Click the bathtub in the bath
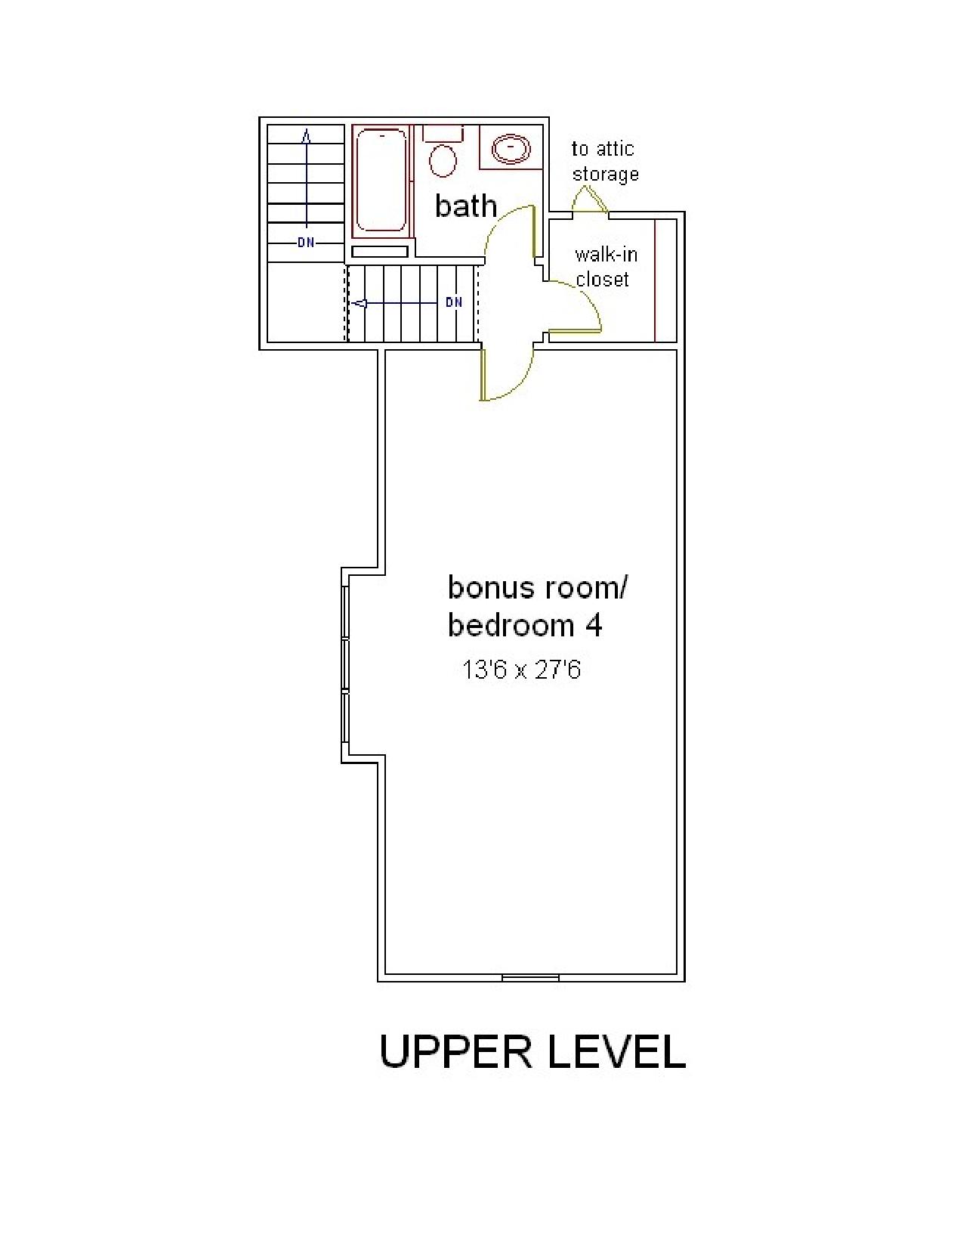tap(381, 180)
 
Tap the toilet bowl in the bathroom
tap(443, 160)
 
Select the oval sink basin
tap(510, 149)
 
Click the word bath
tap(465, 206)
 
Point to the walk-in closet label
tap(606, 267)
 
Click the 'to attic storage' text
tap(604, 161)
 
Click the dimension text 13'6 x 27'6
tap(521, 670)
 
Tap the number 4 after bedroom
tap(594, 626)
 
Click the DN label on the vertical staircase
tap(307, 243)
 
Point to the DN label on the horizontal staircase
tap(454, 302)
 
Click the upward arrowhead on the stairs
tap(307, 136)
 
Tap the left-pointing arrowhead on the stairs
tap(359, 303)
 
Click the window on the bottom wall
tap(530, 976)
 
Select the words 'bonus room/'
tap(538, 588)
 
